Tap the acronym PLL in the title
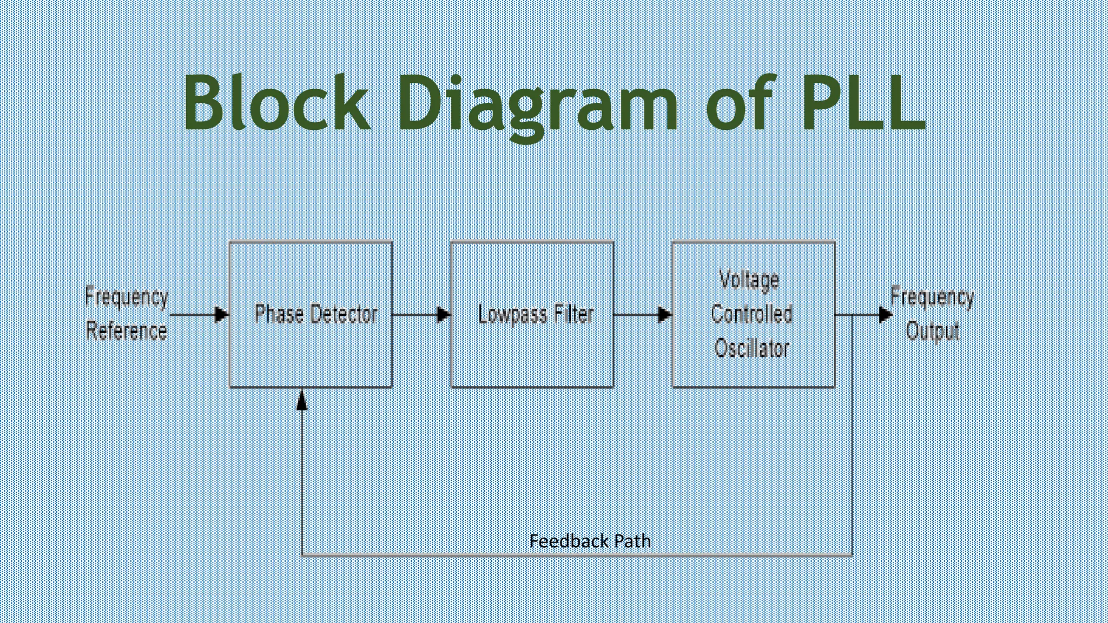[x=863, y=103]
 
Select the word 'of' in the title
[x=740, y=103]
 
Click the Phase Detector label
[x=316, y=315]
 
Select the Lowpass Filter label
[x=536, y=315]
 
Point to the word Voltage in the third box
[x=749, y=280]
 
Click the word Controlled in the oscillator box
[x=752, y=314]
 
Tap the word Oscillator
[x=752, y=348]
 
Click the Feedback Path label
[x=590, y=541]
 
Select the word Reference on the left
[x=127, y=331]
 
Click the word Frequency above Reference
[x=127, y=297]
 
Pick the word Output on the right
[x=933, y=331]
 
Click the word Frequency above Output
[x=932, y=297]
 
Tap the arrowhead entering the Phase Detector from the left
[x=221, y=314]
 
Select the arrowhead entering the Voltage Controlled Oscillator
[x=664, y=314]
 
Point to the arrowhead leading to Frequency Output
[x=885, y=314]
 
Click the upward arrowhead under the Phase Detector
[x=302, y=400]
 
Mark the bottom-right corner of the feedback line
[x=852, y=555]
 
